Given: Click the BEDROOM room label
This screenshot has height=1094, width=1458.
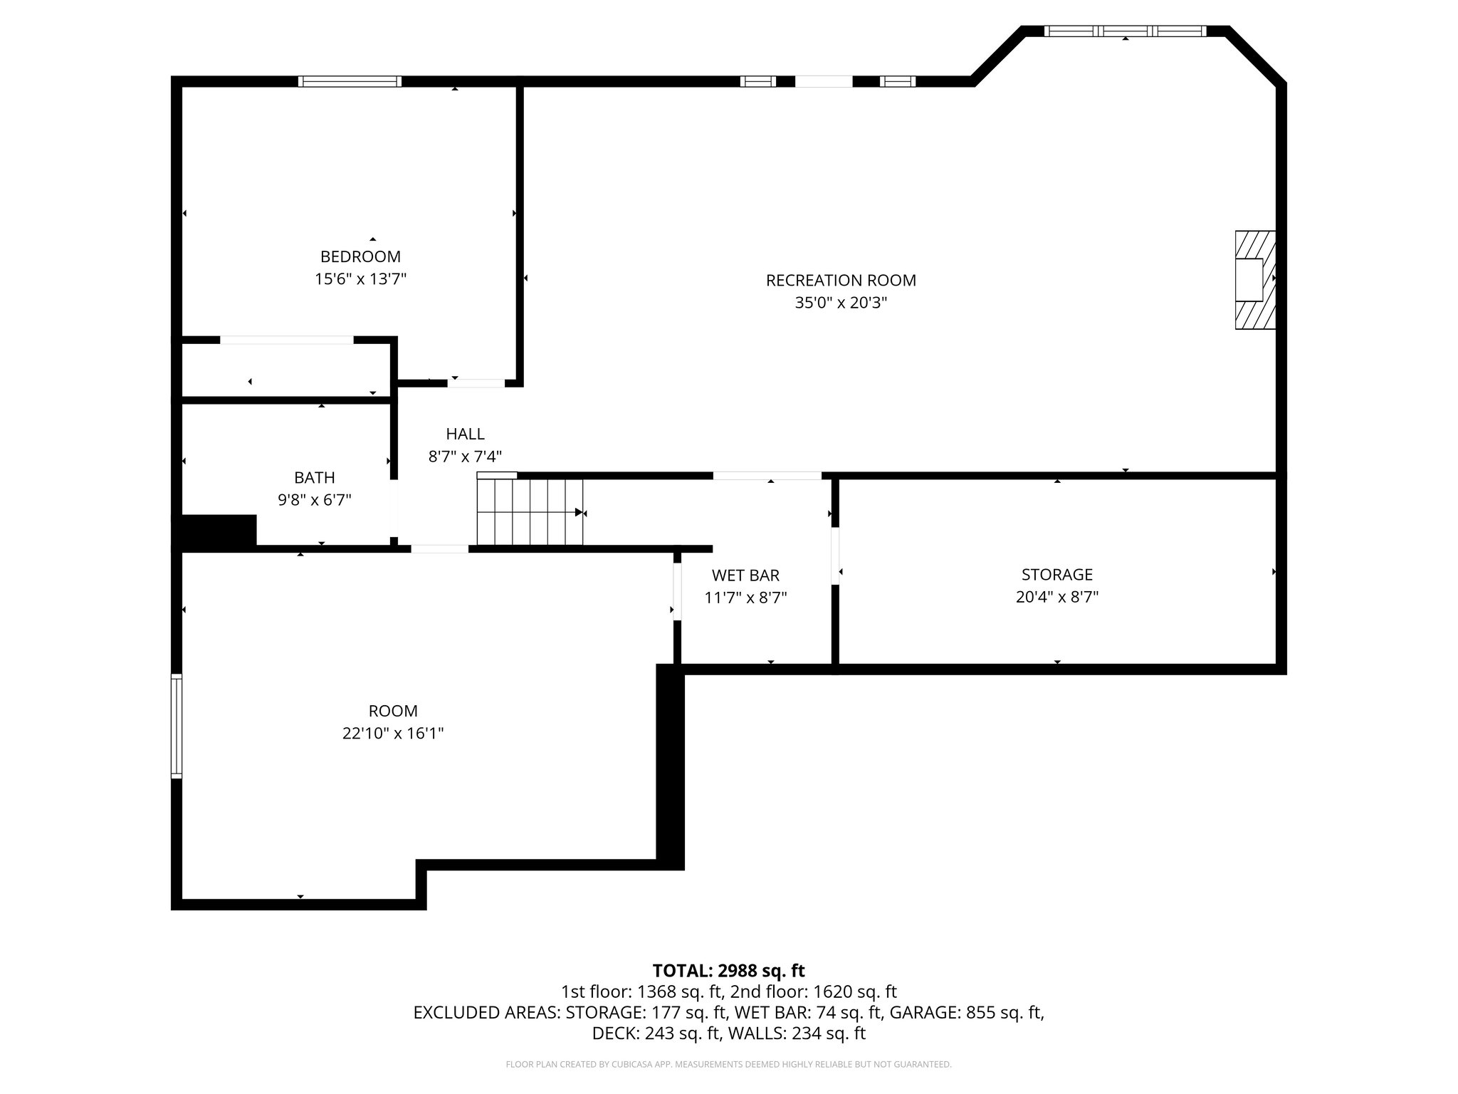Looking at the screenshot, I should [x=360, y=256].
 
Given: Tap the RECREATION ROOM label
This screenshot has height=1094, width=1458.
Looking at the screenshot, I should [x=841, y=281].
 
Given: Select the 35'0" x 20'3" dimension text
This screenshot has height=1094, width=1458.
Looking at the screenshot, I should [x=841, y=303].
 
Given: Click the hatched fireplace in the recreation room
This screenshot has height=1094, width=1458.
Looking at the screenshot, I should [x=1254, y=280].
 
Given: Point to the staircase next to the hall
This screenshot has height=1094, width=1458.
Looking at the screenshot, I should [x=530, y=511].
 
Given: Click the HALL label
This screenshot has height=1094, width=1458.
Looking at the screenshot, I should [x=465, y=434].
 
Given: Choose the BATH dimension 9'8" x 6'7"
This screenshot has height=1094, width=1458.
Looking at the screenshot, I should [x=314, y=500].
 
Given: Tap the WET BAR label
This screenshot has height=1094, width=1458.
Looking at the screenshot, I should [x=745, y=575].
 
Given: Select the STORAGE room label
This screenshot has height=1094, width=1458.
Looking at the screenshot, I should [x=1056, y=574].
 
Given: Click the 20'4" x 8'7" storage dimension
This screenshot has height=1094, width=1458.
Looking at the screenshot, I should [x=1056, y=597].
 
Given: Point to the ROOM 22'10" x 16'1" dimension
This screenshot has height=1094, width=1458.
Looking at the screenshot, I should [x=393, y=733].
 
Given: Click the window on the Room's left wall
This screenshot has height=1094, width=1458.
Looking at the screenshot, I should [x=177, y=726].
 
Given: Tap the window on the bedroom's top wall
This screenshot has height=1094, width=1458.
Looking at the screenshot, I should [x=350, y=81].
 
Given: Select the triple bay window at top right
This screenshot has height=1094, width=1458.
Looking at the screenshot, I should [x=1125, y=31].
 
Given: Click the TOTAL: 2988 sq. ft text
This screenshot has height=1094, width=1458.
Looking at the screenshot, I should [x=728, y=970].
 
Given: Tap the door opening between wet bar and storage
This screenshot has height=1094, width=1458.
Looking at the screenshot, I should [x=835, y=556].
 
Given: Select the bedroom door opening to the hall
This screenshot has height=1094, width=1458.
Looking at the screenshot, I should [x=476, y=383].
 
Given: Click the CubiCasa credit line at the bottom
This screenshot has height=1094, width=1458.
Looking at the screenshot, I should [x=728, y=1064].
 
